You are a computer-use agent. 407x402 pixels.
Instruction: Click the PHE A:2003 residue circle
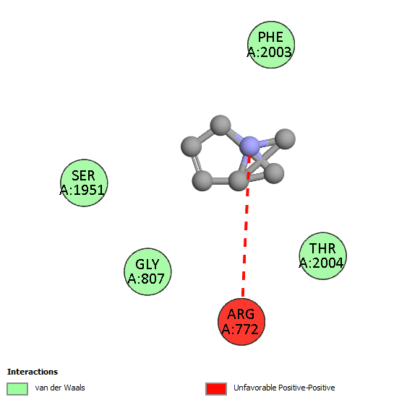tap(271, 45)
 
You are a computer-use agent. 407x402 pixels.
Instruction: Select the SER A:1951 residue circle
tap(84, 183)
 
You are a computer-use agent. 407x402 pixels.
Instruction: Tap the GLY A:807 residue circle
tap(147, 271)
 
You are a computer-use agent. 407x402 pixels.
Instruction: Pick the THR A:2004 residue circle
tap(323, 256)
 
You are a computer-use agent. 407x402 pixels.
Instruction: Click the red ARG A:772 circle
tap(241, 322)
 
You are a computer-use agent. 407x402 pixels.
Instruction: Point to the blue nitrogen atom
tap(249, 147)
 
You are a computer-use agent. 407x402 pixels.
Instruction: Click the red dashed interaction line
tap(246, 226)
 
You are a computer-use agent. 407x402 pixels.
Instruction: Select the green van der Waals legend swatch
tap(17, 389)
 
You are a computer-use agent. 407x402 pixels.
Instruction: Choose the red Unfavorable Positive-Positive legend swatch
tap(216, 389)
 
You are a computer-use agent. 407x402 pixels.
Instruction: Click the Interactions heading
tap(33, 372)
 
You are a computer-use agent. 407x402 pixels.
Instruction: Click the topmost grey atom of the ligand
tap(220, 125)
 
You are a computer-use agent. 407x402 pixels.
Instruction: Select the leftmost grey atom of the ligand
tap(191, 147)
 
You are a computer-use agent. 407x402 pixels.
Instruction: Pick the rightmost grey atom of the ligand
tap(285, 139)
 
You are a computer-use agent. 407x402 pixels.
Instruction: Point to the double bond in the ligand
tap(197, 164)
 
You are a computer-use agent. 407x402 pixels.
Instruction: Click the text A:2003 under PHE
tap(270, 53)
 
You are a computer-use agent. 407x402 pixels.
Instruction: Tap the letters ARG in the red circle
tap(241, 315)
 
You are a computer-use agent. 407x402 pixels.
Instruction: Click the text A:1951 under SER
tap(82, 191)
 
